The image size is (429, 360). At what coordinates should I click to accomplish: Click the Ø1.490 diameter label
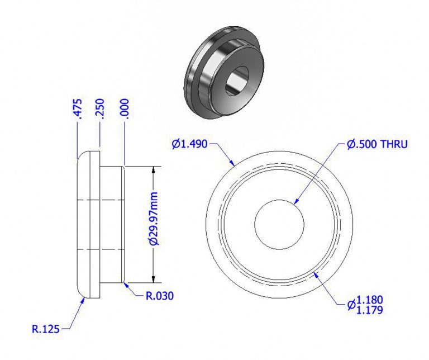point(189,144)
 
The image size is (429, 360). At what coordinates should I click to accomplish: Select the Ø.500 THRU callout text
point(377,144)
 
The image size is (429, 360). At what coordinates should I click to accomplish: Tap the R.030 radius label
point(160,296)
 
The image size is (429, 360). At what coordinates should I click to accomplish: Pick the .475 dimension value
point(78,108)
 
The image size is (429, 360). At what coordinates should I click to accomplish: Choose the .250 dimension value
point(101,108)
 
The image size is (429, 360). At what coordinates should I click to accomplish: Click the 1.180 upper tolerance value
point(369,300)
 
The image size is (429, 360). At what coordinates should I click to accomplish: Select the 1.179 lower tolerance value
point(369,309)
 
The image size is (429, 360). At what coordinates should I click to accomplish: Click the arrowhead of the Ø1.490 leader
point(233,165)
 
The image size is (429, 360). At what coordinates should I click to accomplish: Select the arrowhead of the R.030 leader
point(125,283)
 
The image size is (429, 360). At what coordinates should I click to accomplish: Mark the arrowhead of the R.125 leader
point(84,297)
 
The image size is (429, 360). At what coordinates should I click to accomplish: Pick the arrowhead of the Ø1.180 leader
point(316,273)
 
